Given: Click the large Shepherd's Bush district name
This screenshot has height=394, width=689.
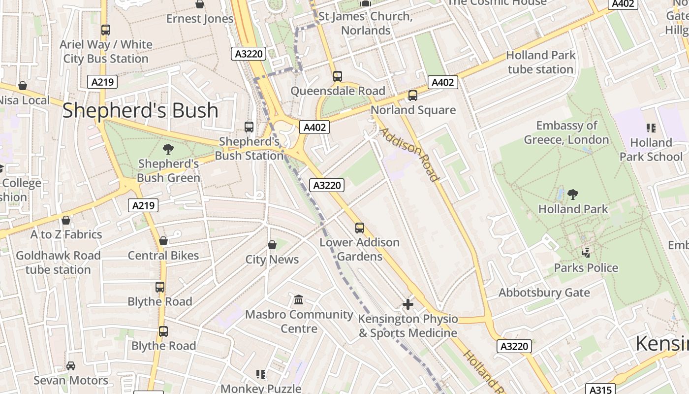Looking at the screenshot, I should pyautogui.click(x=140, y=110).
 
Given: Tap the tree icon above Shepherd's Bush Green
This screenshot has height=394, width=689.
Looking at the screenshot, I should pyautogui.click(x=168, y=149).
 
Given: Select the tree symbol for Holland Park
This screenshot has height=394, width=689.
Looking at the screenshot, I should pyautogui.click(x=572, y=195).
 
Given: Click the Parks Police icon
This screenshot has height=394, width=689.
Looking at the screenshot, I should pyautogui.click(x=586, y=253).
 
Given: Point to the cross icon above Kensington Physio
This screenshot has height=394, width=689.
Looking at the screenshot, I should pyautogui.click(x=408, y=304).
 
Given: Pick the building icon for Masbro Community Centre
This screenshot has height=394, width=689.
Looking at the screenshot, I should pyautogui.click(x=299, y=299).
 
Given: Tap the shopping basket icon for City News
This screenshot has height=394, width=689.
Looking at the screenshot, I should pyautogui.click(x=272, y=245).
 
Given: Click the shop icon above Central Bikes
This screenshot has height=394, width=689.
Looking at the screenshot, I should pyautogui.click(x=163, y=241).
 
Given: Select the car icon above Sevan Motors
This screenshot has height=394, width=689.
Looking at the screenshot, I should pyautogui.click(x=71, y=365).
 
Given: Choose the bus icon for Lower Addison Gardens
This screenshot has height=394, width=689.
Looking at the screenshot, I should pyautogui.click(x=360, y=228).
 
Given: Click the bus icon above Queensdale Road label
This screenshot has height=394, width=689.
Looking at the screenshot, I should pyautogui.click(x=337, y=76).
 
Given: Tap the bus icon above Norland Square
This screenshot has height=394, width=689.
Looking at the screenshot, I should pyautogui.click(x=413, y=96).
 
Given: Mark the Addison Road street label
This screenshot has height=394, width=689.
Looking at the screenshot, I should pyautogui.click(x=409, y=155).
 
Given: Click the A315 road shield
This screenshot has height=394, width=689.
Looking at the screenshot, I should pyautogui.click(x=600, y=390).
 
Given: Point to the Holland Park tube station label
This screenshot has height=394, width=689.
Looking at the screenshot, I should pyautogui.click(x=540, y=62).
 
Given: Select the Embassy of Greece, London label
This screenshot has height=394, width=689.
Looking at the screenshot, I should pyautogui.click(x=566, y=132).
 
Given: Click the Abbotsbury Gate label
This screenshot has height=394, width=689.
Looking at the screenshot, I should pyautogui.click(x=544, y=293).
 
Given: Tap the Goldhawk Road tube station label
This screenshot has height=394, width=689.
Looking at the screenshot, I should pyautogui.click(x=58, y=263).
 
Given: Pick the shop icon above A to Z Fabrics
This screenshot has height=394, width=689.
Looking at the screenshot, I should pyautogui.click(x=66, y=220).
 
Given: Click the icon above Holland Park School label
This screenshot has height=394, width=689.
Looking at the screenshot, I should pyautogui.click(x=651, y=128).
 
